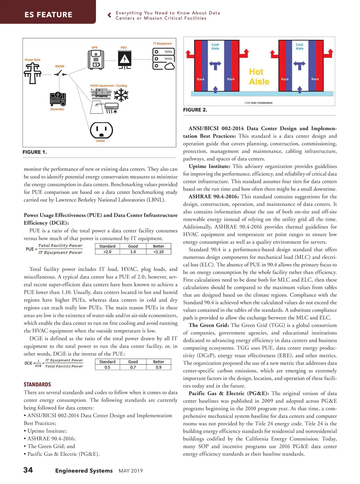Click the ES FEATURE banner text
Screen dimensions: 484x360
point(48,15)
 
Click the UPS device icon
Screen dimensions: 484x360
point(96,60)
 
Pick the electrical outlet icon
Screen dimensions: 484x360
point(101,131)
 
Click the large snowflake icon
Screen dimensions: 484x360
point(121,96)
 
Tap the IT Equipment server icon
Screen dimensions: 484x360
point(163,59)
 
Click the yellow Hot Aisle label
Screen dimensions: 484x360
point(259,77)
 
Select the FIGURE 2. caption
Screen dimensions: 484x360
point(195,110)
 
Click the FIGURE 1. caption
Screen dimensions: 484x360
point(34,152)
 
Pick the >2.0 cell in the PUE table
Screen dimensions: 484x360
point(107,252)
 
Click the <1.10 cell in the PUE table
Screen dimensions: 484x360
point(158,252)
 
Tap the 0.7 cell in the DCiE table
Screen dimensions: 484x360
point(133,367)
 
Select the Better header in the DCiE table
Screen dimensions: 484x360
point(158,362)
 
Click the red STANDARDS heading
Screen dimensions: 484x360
point(37,384)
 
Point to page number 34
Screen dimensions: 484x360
point(28,470)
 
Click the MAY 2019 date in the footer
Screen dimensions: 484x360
point(131,471)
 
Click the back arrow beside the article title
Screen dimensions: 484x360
point(109,15)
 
